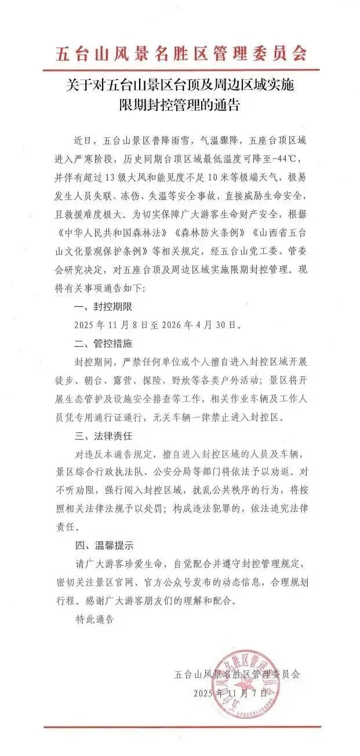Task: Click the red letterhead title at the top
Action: pyautogui.click(x=180, y=54)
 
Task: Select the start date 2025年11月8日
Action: pyautogui.click(x=114, y=324)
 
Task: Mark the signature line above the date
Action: pyautogui.click(x=238, y=674)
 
